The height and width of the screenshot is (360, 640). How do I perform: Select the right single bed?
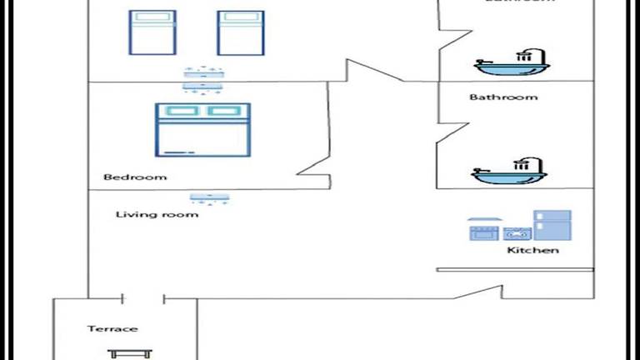click(x=241, y=33)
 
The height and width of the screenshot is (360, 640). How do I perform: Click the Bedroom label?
click(x=135, y=177)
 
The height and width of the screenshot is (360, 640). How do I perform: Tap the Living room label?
click(x=157, y=215)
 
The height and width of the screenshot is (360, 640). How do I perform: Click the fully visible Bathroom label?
click(x=503, y=97)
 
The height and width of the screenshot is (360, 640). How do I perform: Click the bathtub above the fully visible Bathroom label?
click(x=510, y=63)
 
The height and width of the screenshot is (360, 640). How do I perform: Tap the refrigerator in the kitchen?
click(x=552, y=226)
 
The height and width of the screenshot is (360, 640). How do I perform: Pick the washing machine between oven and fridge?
click(x=514, y=234)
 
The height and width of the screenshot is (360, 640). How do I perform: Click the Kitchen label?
click(x=532, y=251)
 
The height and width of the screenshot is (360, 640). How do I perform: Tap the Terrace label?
click(x=112, y=329)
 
